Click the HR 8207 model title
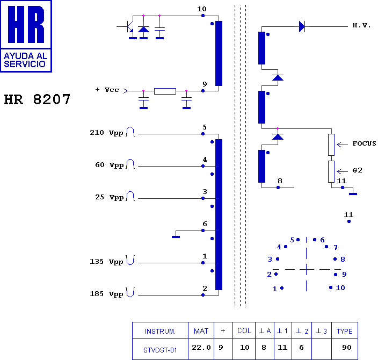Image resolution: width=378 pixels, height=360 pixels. [x=37, y=99]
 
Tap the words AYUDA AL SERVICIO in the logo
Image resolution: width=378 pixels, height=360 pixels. [x=25, y=60]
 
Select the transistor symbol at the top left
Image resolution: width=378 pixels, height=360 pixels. [x=130, y=26]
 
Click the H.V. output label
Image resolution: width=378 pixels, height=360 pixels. [x=361, y=25]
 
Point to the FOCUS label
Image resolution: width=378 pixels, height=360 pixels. [x=364, y=143]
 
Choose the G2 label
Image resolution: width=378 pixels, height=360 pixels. [x=357, y=170]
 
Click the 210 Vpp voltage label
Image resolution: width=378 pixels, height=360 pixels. [x=106, y=133]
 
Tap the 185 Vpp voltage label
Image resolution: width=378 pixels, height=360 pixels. [x=106, y=294]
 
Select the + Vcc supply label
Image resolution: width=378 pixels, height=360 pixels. [x=107, y=90]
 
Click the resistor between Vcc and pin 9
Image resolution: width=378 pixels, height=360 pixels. [x=165, y=91]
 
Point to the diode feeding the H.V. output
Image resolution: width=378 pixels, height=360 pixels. [x=302, y=26]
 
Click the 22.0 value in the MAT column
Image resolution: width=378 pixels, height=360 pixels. [x=201, y=348]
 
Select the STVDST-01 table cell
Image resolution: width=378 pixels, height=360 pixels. [x=160, y=350]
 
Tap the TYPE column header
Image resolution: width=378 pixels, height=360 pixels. [x=345, y=331]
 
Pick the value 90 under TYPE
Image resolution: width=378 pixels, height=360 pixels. [x=347, y=348]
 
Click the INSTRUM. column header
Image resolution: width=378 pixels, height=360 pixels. [x=160, y=332]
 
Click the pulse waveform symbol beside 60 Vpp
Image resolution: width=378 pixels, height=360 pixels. [x=130, y=164]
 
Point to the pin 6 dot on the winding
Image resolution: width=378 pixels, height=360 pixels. [x=203, y=231]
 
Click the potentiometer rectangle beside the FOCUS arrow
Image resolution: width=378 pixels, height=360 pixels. [x=331, y=145]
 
